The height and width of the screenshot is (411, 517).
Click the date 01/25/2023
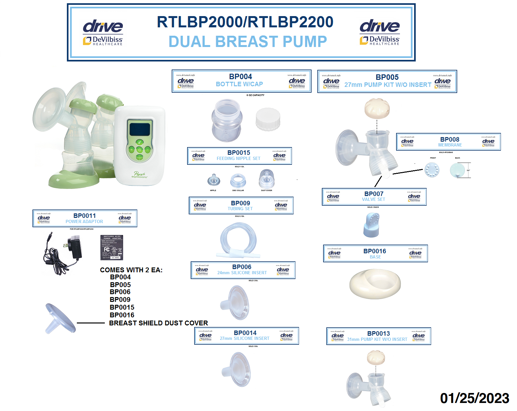[474, 398]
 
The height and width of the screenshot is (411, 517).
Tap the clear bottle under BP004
[227, 120]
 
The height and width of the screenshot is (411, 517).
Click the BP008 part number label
[449, 139]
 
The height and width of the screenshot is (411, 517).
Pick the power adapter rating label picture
[112, 248]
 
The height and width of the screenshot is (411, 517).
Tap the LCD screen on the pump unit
[140, 130]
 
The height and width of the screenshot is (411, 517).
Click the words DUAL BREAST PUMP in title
[248, 42]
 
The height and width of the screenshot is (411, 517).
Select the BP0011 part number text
[85, 216]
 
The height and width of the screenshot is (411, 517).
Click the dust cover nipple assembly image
[267, 179]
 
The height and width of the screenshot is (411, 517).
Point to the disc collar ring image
[238, 181]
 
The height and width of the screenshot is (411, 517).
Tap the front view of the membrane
[432, 170]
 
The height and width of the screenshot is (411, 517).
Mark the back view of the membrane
[457, 170]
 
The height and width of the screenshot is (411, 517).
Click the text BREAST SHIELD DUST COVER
[158, 323]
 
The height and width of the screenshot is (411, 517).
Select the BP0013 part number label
[378, 333]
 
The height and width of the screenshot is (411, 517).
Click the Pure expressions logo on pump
[140, 175]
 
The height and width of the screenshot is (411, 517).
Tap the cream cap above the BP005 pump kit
[377, 108]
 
